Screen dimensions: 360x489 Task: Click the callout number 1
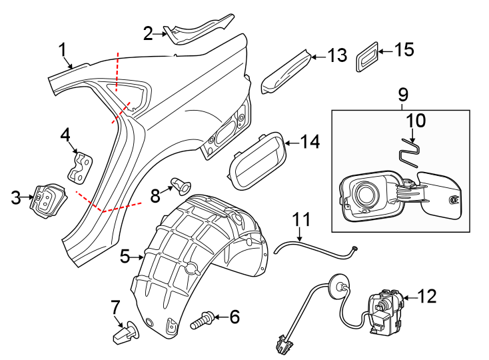[63, 49]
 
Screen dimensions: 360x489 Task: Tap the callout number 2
[149, 31]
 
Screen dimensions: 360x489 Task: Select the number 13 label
[338, 55]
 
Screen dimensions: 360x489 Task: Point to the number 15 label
[404, 49]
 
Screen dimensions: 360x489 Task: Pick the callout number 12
[427, 297]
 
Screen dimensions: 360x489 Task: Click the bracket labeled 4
[81, 167]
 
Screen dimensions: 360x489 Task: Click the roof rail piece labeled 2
[200, 30]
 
